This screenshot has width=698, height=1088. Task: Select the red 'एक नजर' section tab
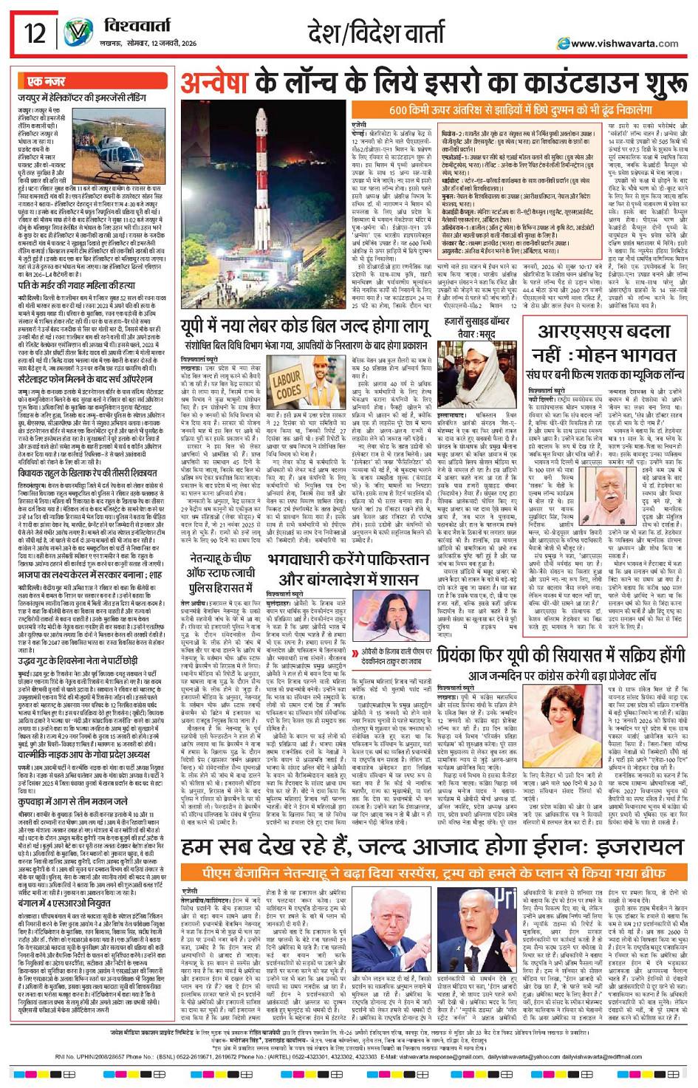click(x=46, y=81)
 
